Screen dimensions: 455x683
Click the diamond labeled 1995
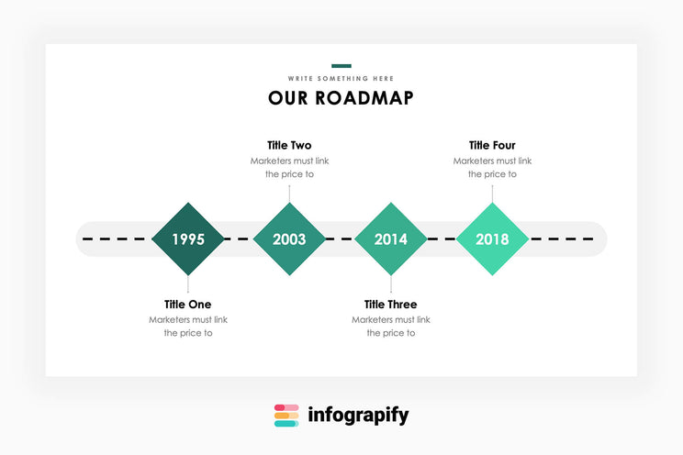click(x=188, y=239)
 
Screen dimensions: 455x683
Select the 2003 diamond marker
click(x=289, y=239)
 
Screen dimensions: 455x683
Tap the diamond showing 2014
click(x=390, y=239)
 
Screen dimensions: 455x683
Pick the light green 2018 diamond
click(x=492, y=239)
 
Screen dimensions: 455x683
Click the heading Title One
click(x=188, y=305)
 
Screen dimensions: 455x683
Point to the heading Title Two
click(x=289, y=145)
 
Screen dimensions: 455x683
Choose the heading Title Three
click(x=390, y=305)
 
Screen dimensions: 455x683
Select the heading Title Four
click(x=492, y=145)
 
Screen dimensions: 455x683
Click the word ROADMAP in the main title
click(x=364, y=98)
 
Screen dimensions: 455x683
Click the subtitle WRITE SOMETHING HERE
click(x=341, y=79)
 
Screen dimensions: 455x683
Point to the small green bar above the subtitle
click(x=341, y=66)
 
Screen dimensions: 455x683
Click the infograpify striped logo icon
click(x=286, y=416)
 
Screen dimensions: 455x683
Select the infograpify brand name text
click(x=358, y=416)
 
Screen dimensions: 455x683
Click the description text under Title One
click(x=188, y=327)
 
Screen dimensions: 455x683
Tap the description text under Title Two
click(x=289, y=167)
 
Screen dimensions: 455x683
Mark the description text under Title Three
click(x=390, y=327)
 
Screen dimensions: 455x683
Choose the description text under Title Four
click(x=492, y=167)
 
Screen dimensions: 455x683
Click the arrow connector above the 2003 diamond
click(x=289, y=193)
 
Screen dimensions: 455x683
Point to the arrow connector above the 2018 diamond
click(x=492, y=193)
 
